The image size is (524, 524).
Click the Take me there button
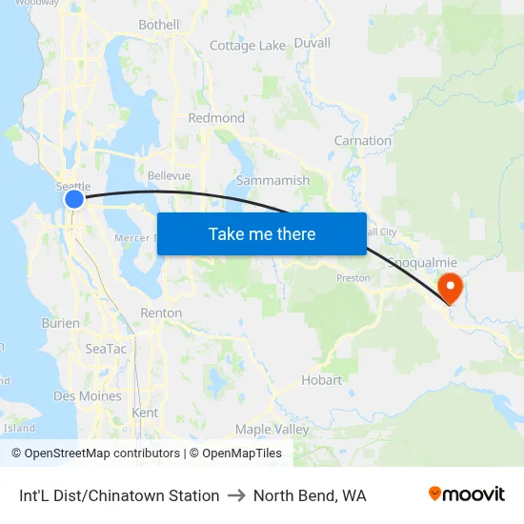coord(262,233)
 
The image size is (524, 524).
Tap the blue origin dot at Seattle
coord(74,199)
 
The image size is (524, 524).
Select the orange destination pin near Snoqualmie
coord(448,286)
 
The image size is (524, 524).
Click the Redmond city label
coord(216,118)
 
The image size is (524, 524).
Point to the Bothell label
coord(158,25)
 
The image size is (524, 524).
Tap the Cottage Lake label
coord(247,46)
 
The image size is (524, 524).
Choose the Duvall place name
coord(312,43)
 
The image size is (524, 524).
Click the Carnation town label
coord(362,141)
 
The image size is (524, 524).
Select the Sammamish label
coord(272,180)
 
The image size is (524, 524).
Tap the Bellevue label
coord(169,176)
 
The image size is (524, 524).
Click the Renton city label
coord(160,312)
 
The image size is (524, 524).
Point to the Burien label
coord(61,323)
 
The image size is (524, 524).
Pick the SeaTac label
coord(106,349)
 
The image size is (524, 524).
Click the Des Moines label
coord(88,395)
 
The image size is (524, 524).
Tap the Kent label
coord(145,413)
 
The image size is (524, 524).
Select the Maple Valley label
coord(272,430)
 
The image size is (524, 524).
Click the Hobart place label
coord(321,379)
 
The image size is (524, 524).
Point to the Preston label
coord(353,278)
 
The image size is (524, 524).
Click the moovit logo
coord(467,494)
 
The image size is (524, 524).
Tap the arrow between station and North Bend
coord(236,495)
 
